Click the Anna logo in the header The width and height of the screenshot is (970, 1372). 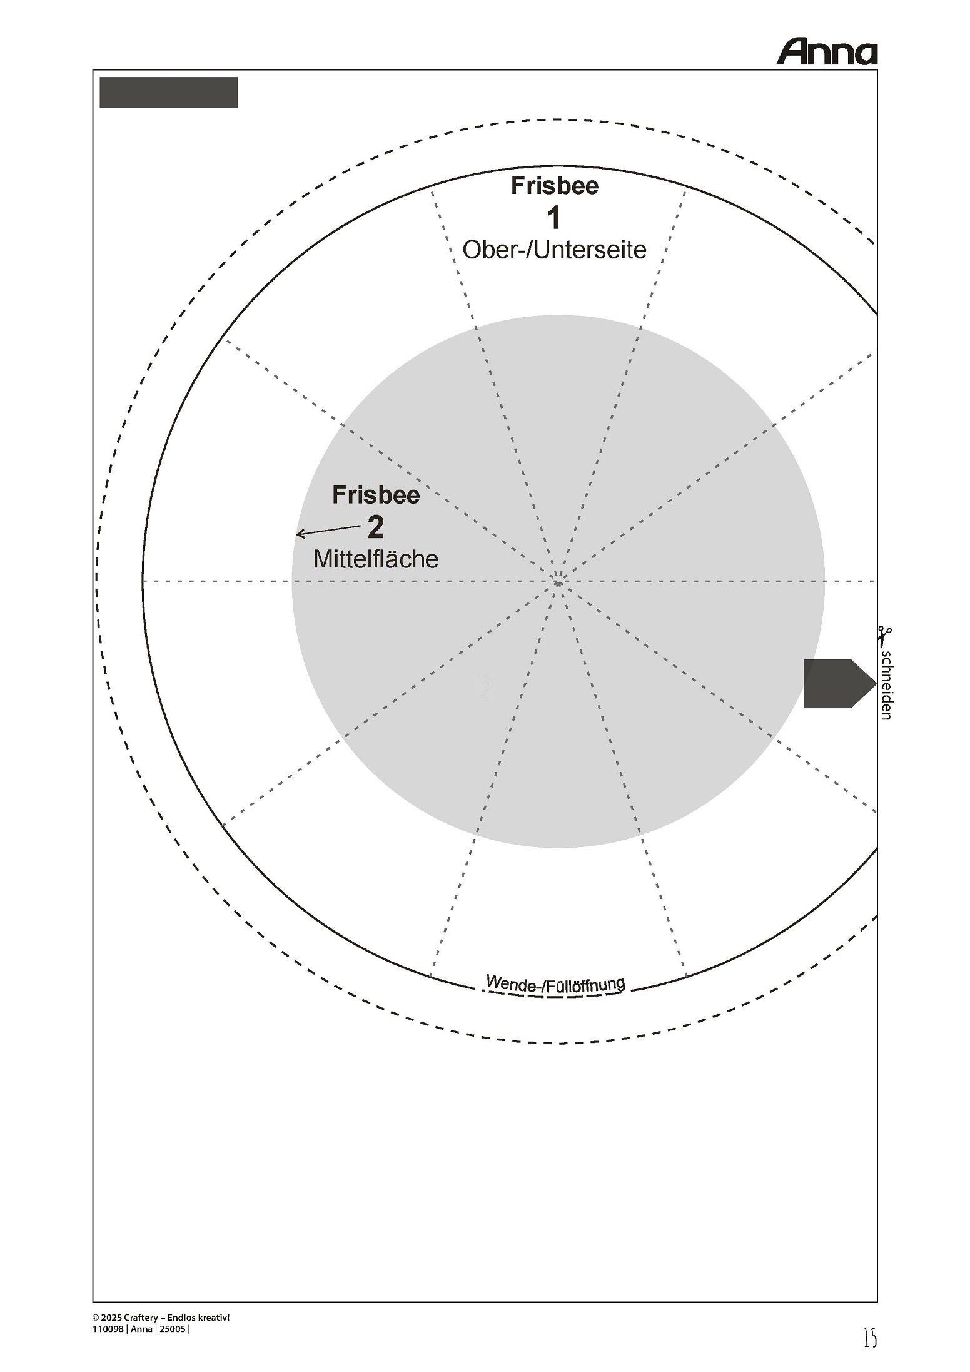point(827,53)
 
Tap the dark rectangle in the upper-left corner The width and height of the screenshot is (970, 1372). point(169,93)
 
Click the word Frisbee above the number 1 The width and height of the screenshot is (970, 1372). point(555,185)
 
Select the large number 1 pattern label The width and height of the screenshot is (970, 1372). point(553,218)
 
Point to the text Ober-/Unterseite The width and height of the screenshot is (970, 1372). point(555,250)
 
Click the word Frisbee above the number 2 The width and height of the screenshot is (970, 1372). point(376,495)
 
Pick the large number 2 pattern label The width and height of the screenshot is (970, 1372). point(376,527)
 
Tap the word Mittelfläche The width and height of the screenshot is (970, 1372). point(376,559)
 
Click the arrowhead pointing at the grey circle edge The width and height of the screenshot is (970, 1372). point(300,534)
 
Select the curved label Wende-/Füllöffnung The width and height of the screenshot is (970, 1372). point(555,984)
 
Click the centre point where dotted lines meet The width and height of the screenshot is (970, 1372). point(558,582)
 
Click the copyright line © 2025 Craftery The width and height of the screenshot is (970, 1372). point(161,1317)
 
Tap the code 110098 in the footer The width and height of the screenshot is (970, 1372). point(108,1329)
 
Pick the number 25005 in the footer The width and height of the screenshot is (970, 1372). point(173,1329)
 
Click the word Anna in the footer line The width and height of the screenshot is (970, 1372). point(141,1329)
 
